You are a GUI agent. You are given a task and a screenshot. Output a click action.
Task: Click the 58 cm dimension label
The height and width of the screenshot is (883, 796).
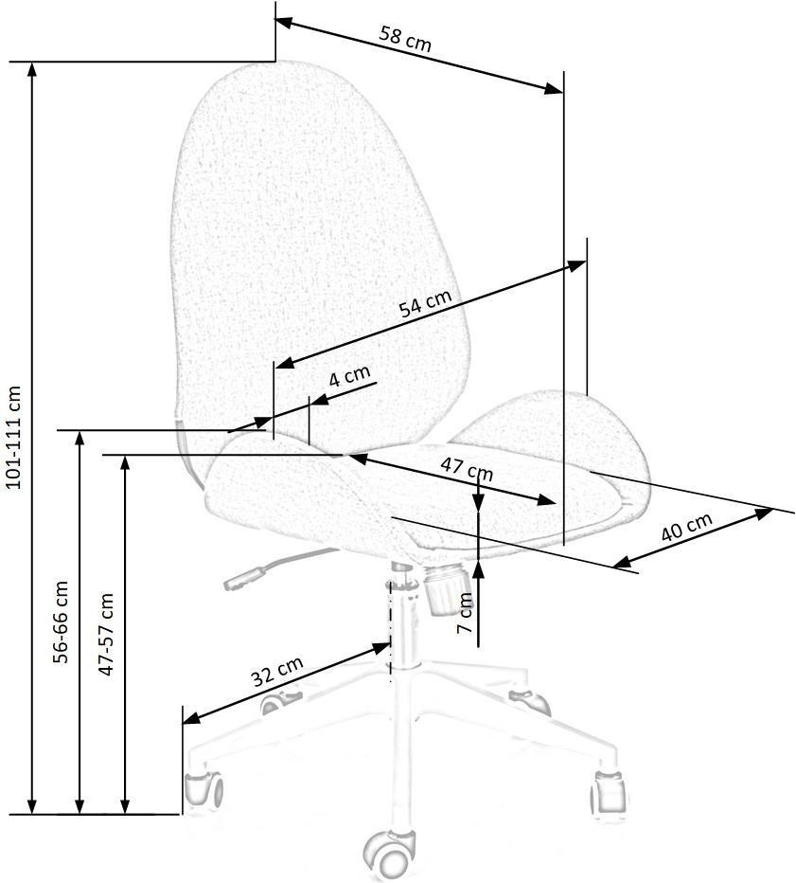pos(405,39)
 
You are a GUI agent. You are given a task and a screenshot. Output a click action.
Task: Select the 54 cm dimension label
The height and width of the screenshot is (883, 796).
pos(425,303)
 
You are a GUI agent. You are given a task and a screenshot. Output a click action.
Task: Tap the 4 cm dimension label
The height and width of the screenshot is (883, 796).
pos(349,375)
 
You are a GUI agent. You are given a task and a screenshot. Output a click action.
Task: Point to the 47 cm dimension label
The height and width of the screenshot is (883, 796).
pos(467,469)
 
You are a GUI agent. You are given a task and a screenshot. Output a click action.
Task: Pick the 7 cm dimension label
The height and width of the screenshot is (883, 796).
pos(466,613)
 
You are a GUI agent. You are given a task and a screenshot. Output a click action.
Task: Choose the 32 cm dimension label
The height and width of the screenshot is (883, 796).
pos(276,672)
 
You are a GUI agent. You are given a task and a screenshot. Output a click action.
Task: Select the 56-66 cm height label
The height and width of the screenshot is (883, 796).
pos(61,622)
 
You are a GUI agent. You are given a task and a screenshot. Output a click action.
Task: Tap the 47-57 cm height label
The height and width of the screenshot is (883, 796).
pos(106,634)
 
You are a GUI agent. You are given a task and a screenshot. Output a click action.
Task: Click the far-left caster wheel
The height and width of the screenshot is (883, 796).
pos(203,789)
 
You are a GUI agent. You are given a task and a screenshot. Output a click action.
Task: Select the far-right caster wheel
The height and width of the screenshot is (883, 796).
pos(609,791)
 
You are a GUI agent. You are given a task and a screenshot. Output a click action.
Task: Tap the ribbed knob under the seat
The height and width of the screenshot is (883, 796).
pos(446,591)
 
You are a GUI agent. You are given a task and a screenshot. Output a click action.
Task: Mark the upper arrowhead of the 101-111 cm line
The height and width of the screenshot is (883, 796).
pos(33,71)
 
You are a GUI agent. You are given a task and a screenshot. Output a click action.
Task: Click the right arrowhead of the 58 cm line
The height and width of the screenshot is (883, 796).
pos(554,88)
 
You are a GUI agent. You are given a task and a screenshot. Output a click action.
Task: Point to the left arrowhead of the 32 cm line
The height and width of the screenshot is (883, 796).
pos(192,718)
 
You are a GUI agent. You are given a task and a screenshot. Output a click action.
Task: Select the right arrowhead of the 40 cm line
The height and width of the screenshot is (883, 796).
pos(764,514)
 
